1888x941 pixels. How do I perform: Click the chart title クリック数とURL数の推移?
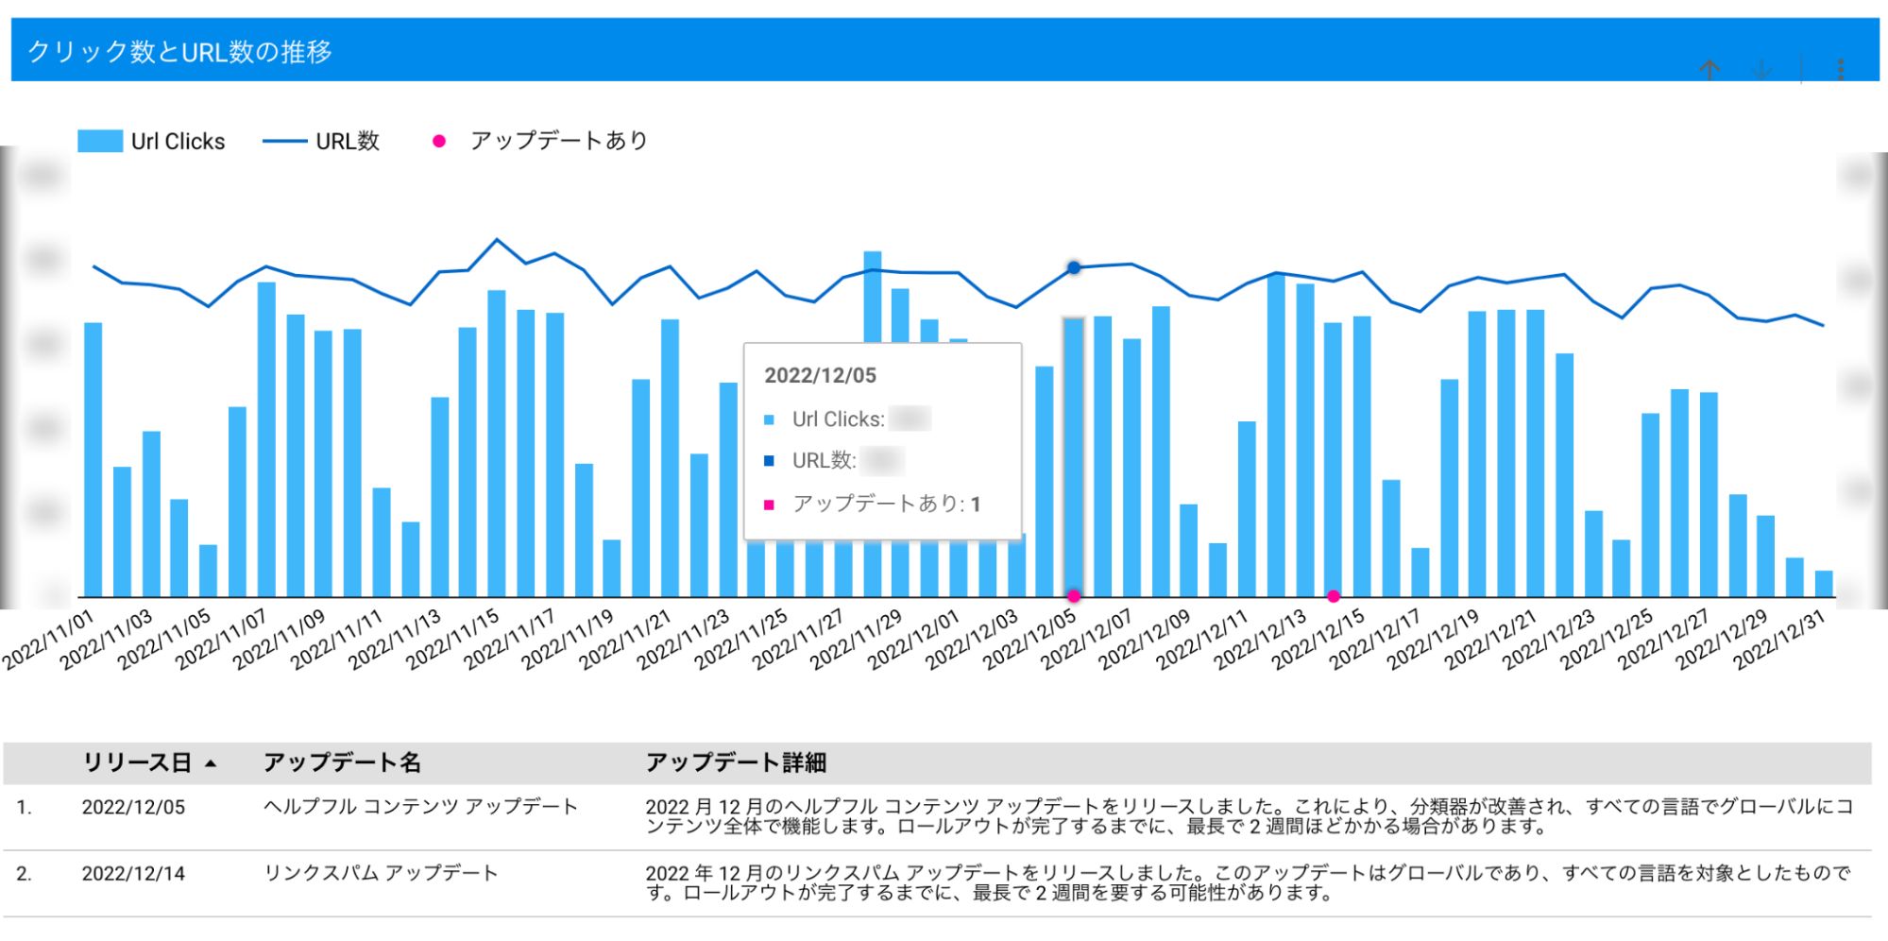pos(179,51)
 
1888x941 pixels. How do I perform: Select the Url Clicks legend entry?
pos(151,142)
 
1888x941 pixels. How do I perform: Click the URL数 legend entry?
pos(321,142)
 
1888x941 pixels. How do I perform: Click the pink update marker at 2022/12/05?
pos(1074,596)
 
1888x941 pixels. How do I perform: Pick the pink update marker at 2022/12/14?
pos(1333,596)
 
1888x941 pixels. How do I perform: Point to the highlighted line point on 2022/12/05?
pos(1074,268)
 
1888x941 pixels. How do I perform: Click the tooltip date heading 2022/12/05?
pos(820,376)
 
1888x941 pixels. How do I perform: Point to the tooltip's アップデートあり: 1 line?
pos(885,504)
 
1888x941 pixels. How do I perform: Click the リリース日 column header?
pos(138,762)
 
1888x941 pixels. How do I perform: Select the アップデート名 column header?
pos(342,762)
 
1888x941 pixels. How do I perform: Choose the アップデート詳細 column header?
pos(736,762)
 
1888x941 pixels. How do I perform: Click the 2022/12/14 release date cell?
pos(133,874)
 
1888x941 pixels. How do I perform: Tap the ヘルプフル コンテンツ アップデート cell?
pos(420,807)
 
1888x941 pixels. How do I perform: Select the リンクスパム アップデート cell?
pos(381,874)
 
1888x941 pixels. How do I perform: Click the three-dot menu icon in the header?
pos(1841,69)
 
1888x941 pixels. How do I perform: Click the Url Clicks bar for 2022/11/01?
pos(94,459)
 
